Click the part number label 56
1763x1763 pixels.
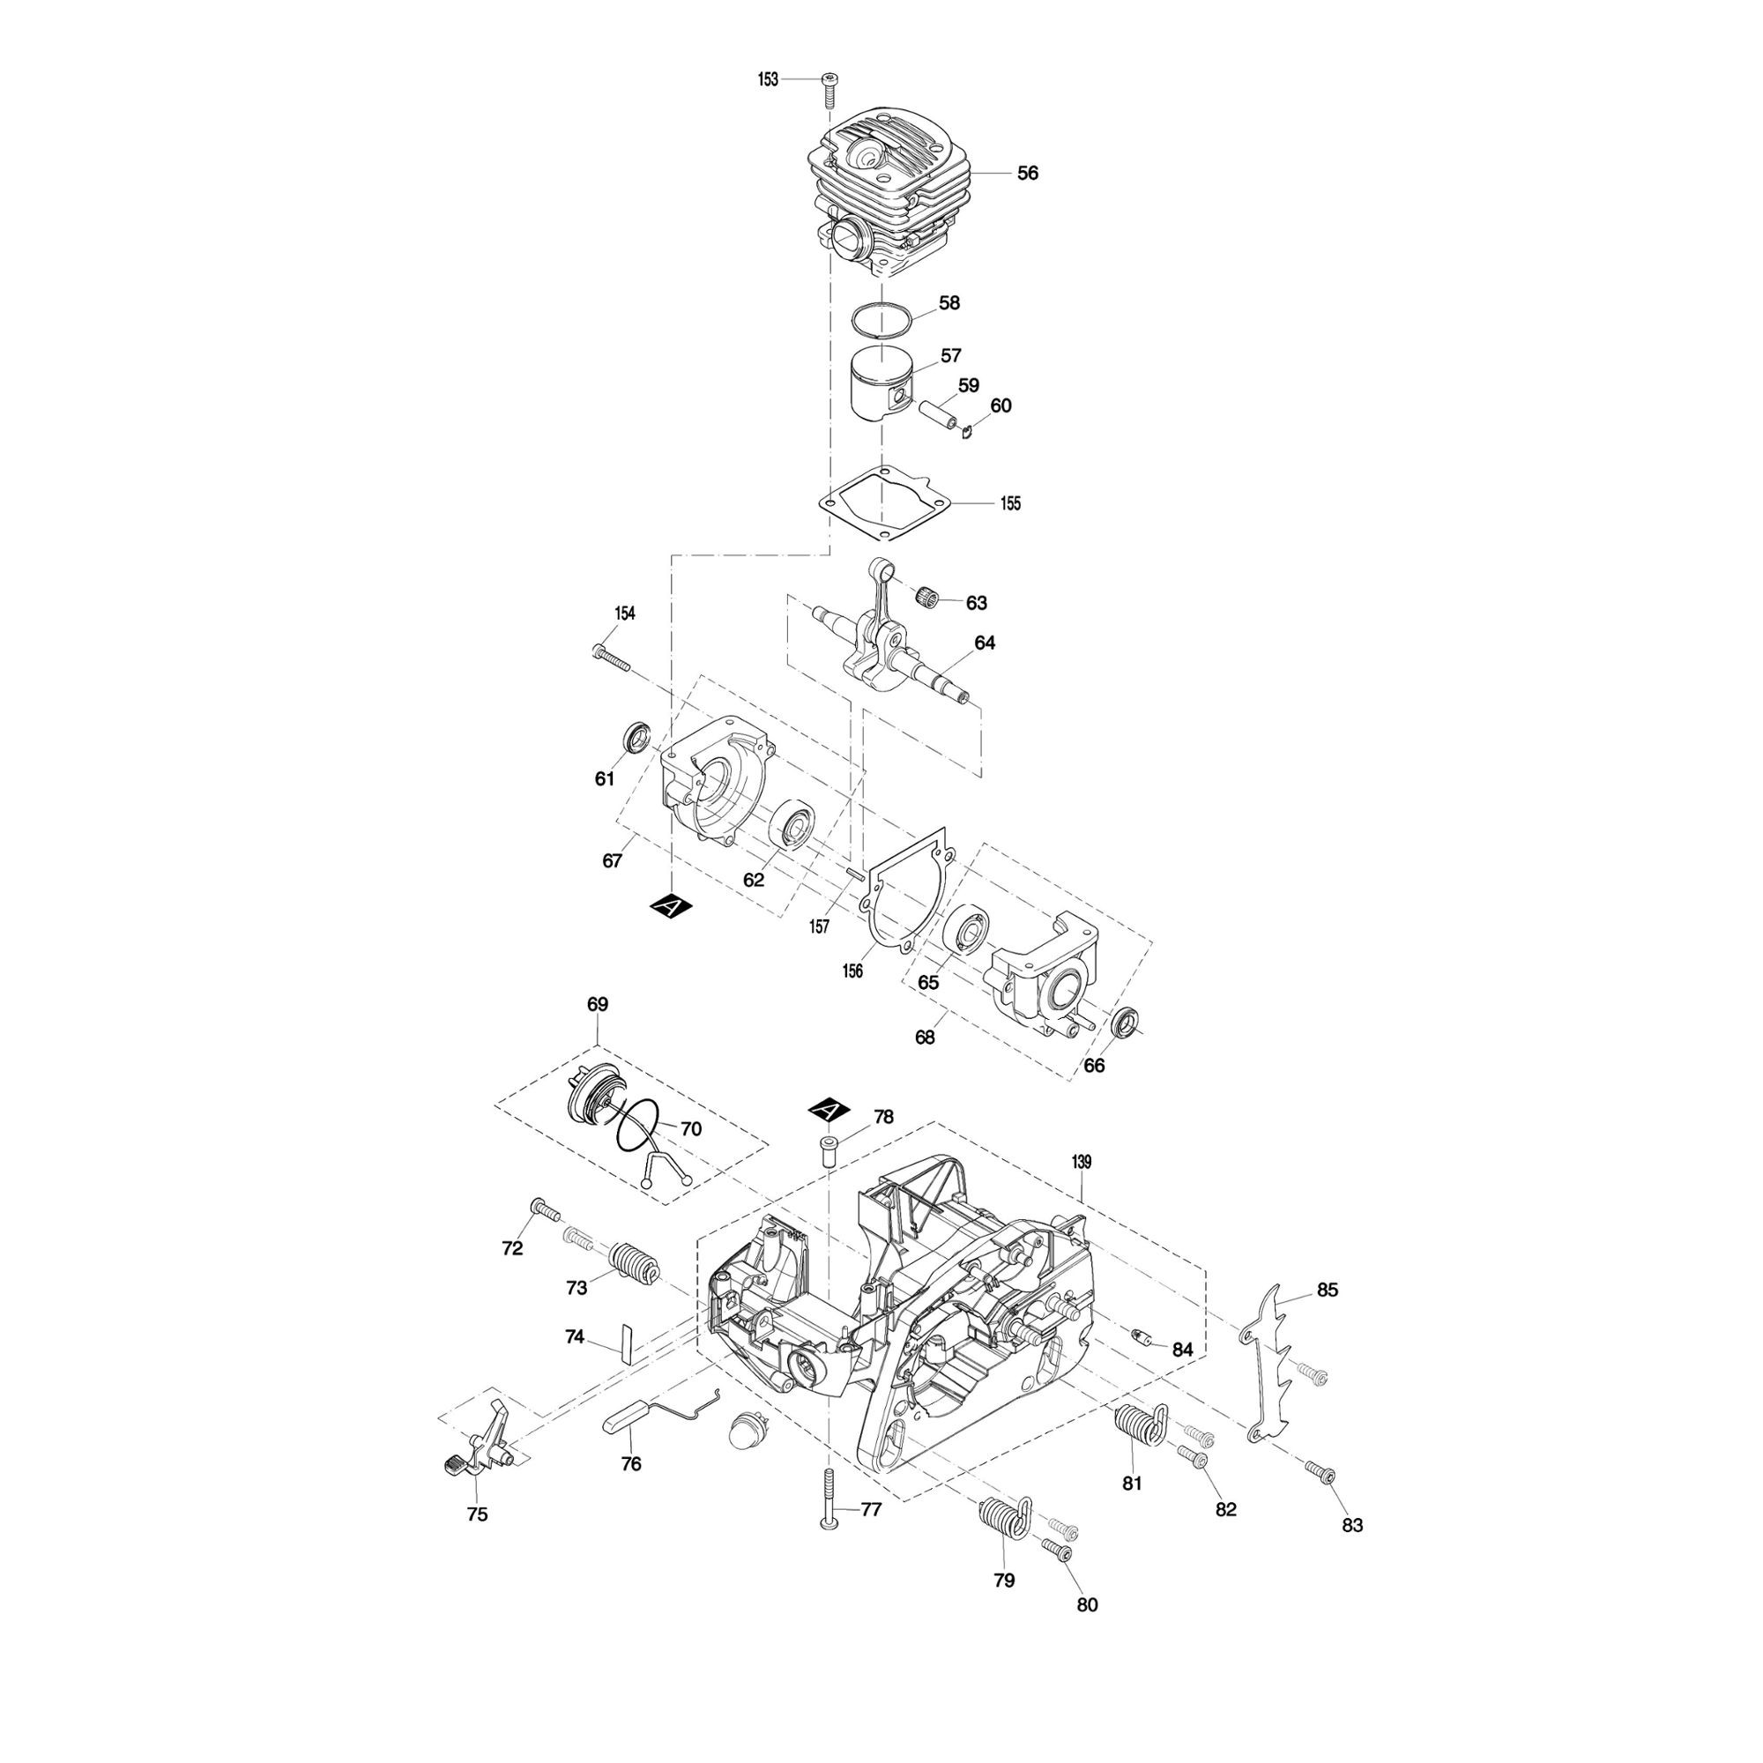(x=1028, y=174)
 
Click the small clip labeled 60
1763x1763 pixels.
(x=970, y=430)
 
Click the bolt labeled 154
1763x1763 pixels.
(x=612, y=656)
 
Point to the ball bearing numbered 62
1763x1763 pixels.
(x=793, y=824)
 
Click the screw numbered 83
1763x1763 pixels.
(x=1321, y=1473)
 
